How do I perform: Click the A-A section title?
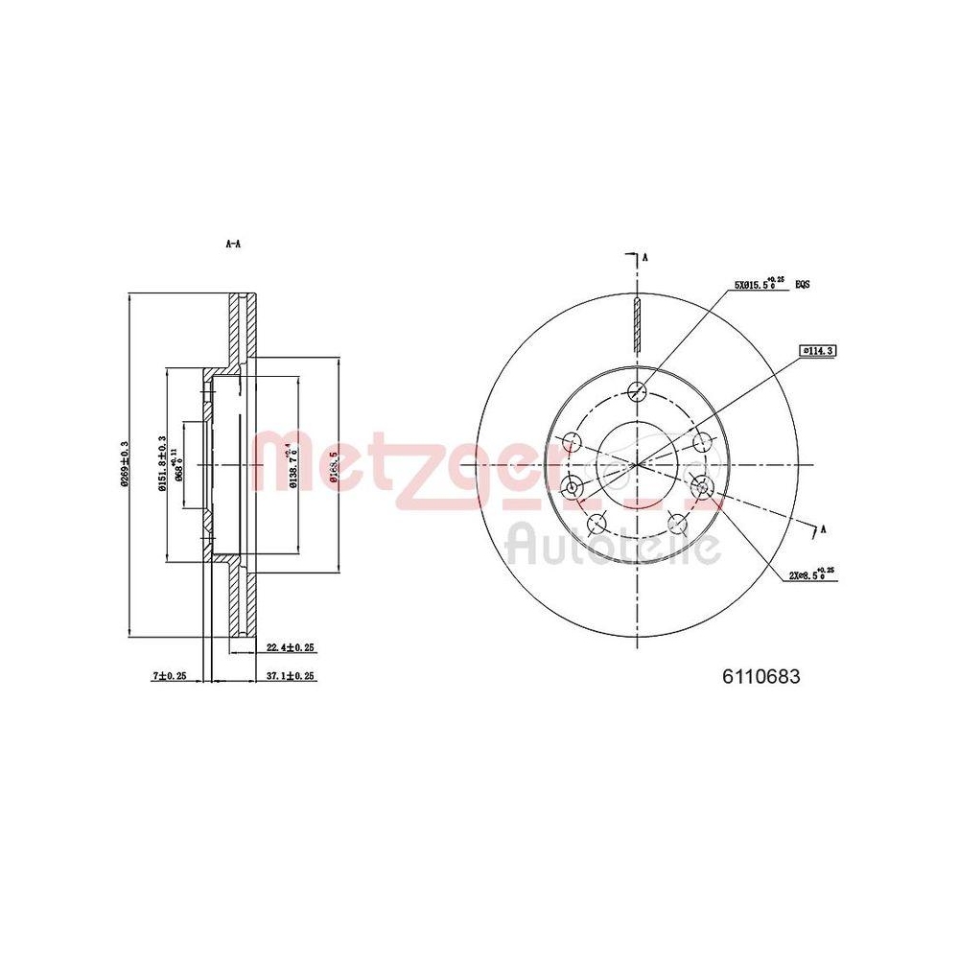pyautogui.click(x=233, y=245)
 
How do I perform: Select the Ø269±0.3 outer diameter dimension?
pyautogui.click(x=124, y=464)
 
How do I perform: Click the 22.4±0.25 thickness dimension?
pyautogui.click(x=291, y=648)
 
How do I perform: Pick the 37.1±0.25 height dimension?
pyautogui.click(x=291, y=676)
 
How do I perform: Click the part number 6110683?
pyautogui.click(x=760, y=675)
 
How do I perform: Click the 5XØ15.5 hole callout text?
pyautogui.click(x=759, y=284)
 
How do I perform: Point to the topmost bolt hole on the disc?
pyautogui.click(x=635, y=390)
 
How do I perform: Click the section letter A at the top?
pyautogui.click(x=645, y=258)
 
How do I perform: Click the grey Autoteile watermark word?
pyautogui.click(x=614, y=546)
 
